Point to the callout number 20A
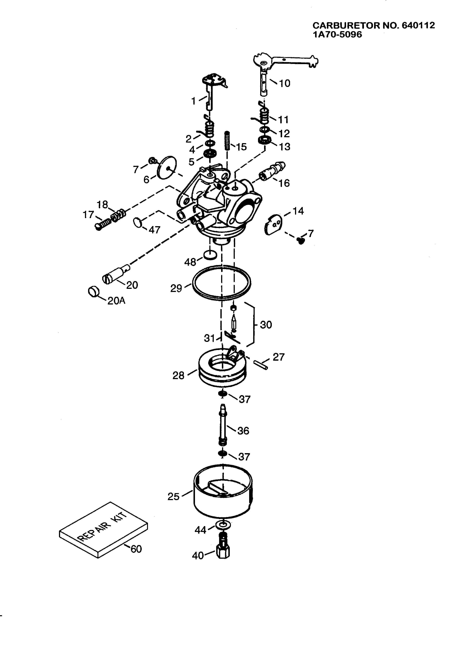116,301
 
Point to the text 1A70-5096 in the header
337,35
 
